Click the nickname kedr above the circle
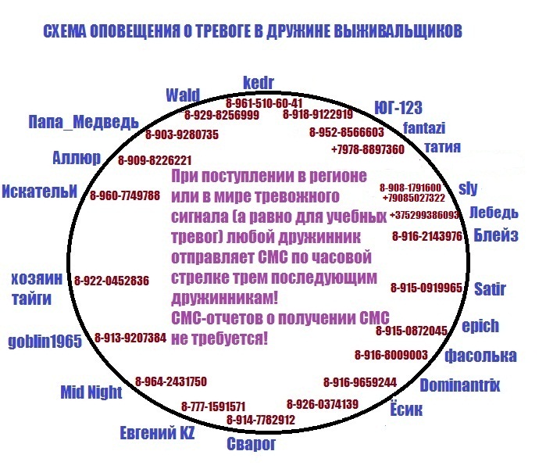(258, 83)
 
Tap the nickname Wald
(183, 95)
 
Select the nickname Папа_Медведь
(84, 122)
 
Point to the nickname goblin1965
(45, 341)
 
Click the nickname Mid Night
(91, 392)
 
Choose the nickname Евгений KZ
(157, 433)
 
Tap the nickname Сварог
(251, 443)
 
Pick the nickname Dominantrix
(459, 385)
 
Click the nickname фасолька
(480, 356)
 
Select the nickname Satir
(490, 289)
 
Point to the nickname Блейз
(496, 235)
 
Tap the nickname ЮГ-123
(398, 108)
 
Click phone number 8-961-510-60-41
(264, 103)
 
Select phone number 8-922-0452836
(112, 281)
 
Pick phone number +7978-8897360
(368, 149)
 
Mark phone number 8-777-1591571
(213, 406)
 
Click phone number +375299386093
(425, 215)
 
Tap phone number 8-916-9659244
(360, 382)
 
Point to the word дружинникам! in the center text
(225, 298)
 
